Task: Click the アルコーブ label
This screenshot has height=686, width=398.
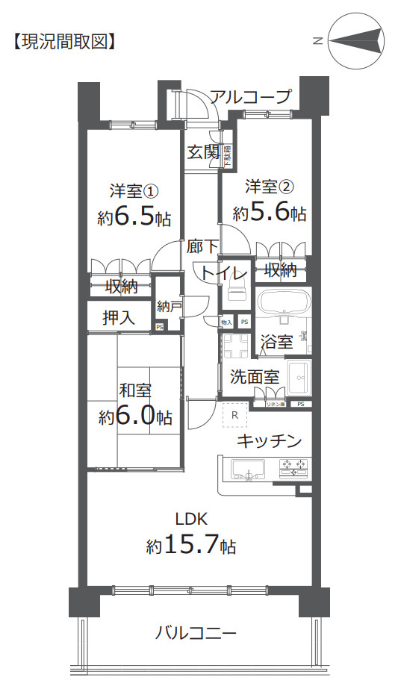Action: point(249,97)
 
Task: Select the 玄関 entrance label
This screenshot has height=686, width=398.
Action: point(202,152)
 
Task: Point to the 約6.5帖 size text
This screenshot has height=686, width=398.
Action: point(134,218)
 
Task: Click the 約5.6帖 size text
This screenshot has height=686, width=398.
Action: point(269,213)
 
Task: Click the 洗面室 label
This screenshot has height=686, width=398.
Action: point(254,377)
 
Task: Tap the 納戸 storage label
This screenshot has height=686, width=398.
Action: point(168,307)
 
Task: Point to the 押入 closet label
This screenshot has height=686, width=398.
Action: point(119,317)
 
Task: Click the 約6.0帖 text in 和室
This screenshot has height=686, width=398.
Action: point(135,417)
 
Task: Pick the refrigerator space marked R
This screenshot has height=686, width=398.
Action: point(234,415)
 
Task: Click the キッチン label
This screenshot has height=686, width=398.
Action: point(269,441)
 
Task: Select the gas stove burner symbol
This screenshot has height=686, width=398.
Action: point(293,469)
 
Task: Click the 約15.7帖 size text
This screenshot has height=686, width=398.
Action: point(191,546)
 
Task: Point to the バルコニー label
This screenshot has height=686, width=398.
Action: point(196,634)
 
